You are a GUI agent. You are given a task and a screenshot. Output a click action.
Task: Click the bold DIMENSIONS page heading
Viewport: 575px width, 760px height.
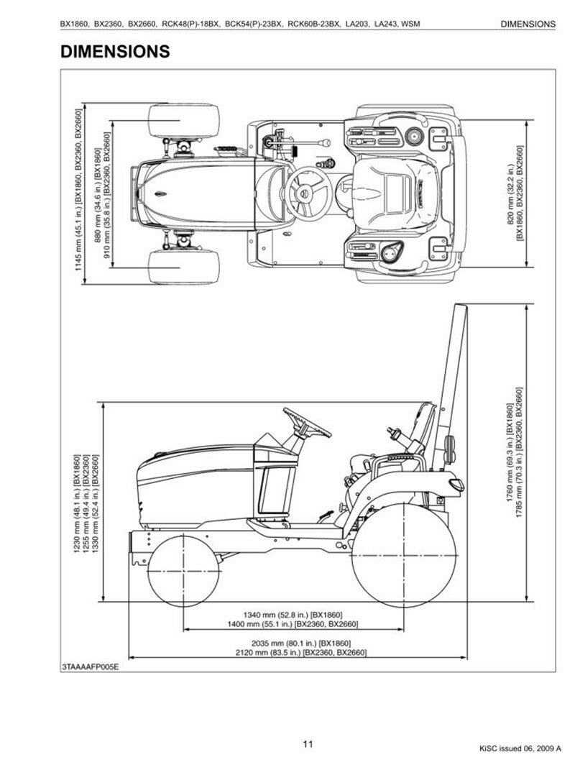coord(115,51)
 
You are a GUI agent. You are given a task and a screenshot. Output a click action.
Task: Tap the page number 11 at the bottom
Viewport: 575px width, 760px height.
coord(308,744)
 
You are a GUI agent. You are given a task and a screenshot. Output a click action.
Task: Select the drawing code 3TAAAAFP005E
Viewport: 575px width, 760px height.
coord(91,667)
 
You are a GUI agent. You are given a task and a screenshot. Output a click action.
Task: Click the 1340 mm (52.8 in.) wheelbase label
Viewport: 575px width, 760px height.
coord(293,615)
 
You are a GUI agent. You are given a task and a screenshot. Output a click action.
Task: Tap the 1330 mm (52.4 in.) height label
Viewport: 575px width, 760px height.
coord(95,503)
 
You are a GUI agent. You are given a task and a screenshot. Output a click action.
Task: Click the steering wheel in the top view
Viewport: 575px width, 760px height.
coord(308,193)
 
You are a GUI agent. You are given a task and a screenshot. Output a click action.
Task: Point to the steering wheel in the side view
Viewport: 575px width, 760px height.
coord(307,422)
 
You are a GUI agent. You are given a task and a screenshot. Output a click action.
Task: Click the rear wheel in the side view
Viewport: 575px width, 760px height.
coord(403,556)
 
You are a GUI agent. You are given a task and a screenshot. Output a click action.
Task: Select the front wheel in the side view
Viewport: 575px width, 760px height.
coord(183,571)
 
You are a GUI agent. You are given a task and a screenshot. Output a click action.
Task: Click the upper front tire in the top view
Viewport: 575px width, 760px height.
coord(183,121)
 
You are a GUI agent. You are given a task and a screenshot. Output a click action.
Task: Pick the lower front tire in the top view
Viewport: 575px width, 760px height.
coord(183,267)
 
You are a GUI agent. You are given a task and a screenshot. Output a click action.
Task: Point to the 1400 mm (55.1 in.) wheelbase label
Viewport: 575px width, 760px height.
coord(293,624)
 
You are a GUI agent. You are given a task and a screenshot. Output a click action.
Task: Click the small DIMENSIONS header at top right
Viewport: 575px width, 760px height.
coord(528,24)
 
